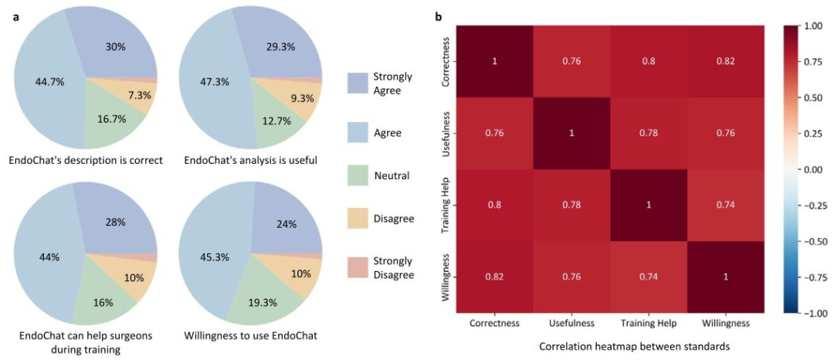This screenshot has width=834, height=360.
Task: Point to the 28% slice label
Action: click(x=116, y=222)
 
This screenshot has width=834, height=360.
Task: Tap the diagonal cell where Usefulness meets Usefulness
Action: click(x=571, y=133)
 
